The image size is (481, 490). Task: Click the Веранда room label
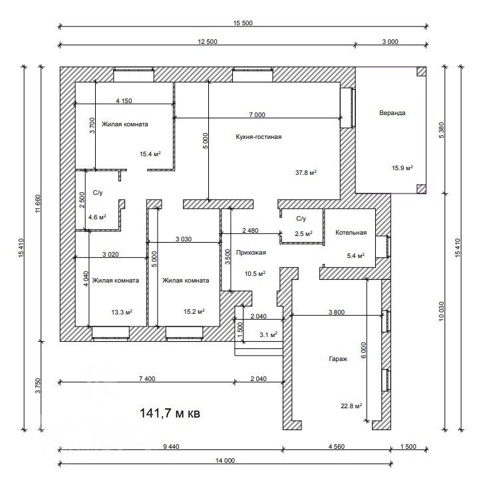[392, 113]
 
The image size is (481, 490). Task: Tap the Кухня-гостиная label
[259, 137]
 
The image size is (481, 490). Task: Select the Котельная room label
[351, 233]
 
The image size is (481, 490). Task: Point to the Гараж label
[338, 359]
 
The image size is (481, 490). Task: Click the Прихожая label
[251, 253]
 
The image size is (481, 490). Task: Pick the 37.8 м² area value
[306, 172]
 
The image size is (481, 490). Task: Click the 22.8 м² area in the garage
[351, 406]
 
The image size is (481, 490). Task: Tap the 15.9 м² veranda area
[402, 168]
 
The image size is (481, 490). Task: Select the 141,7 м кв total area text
[170, 413]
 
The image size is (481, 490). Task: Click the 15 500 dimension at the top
[243, 23]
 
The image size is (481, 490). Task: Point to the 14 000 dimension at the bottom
[225, 460]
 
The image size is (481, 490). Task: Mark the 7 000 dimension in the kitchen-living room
[257, 114]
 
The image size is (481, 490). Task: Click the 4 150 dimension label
[124, 100]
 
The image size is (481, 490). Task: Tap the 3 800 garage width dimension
[337, 312]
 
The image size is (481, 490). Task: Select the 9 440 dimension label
[171, 447]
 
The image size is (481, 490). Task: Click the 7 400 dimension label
[147, 379]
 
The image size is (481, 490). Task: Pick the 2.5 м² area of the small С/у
[303, 233]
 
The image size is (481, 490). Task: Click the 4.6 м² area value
[97, 217]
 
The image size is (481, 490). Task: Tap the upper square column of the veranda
[421, 71]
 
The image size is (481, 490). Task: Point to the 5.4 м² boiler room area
[355, 255]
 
